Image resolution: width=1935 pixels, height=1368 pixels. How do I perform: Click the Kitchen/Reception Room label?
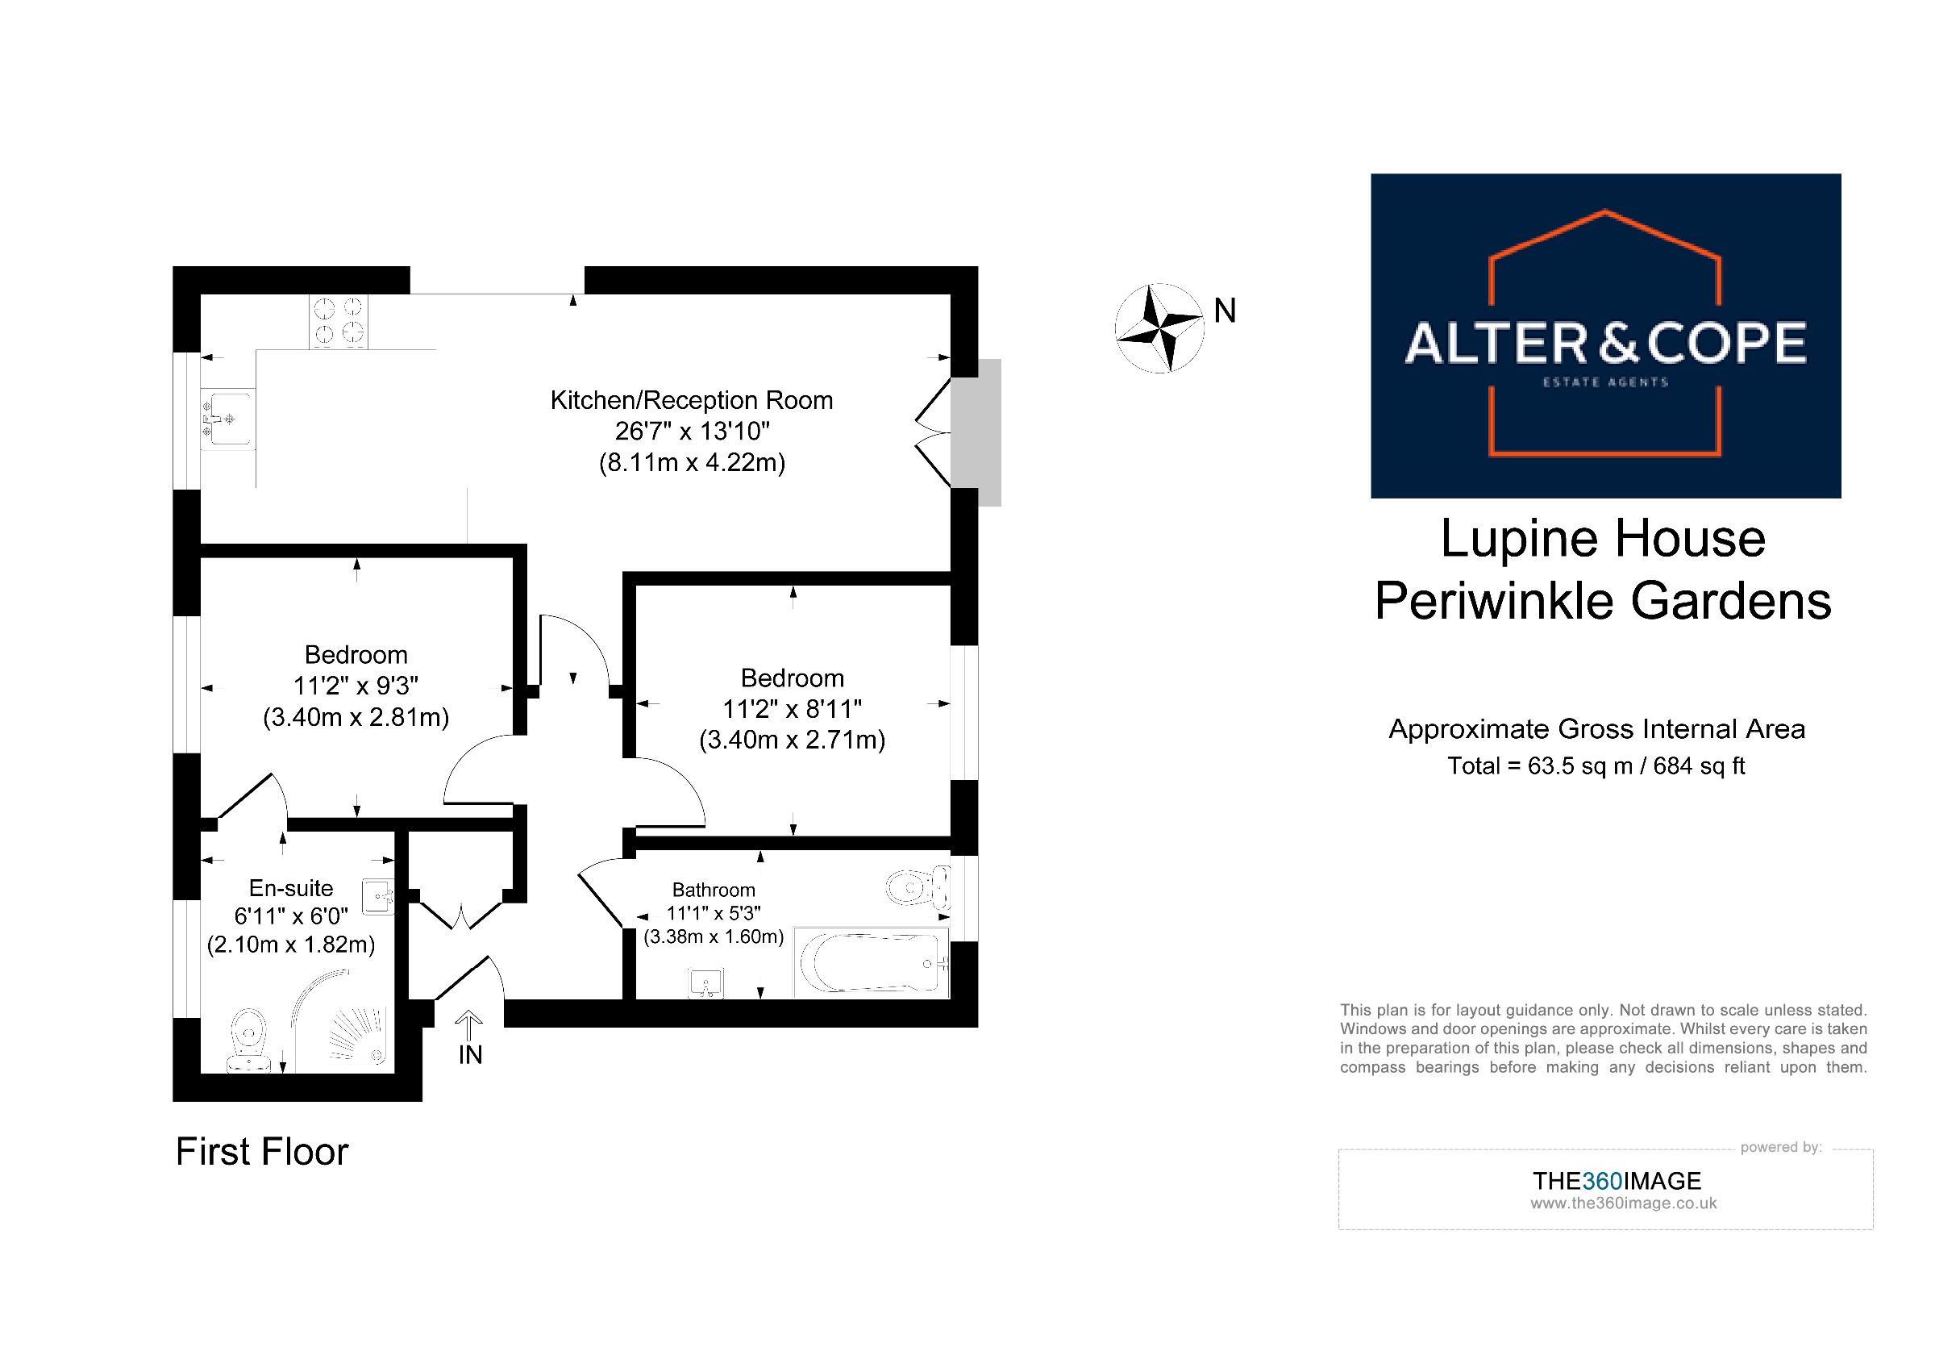691,400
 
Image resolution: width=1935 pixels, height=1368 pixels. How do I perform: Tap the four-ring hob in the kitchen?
339,321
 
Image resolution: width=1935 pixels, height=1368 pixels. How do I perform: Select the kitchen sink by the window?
227,418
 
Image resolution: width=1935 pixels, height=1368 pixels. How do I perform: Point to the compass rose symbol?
1159,327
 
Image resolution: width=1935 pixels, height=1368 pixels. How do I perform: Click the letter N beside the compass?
1225,311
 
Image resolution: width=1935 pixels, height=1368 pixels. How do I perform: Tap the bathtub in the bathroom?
872,963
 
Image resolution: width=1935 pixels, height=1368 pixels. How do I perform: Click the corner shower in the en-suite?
341,1020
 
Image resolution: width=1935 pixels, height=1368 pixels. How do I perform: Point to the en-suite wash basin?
377,896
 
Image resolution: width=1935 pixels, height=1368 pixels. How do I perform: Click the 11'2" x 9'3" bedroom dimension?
356,686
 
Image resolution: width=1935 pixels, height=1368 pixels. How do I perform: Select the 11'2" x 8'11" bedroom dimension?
793,709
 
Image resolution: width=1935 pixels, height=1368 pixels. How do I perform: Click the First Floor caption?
262,1151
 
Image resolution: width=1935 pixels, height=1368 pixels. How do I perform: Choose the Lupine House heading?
1603,539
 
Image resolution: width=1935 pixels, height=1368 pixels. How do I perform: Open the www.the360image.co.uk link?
1623,1203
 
